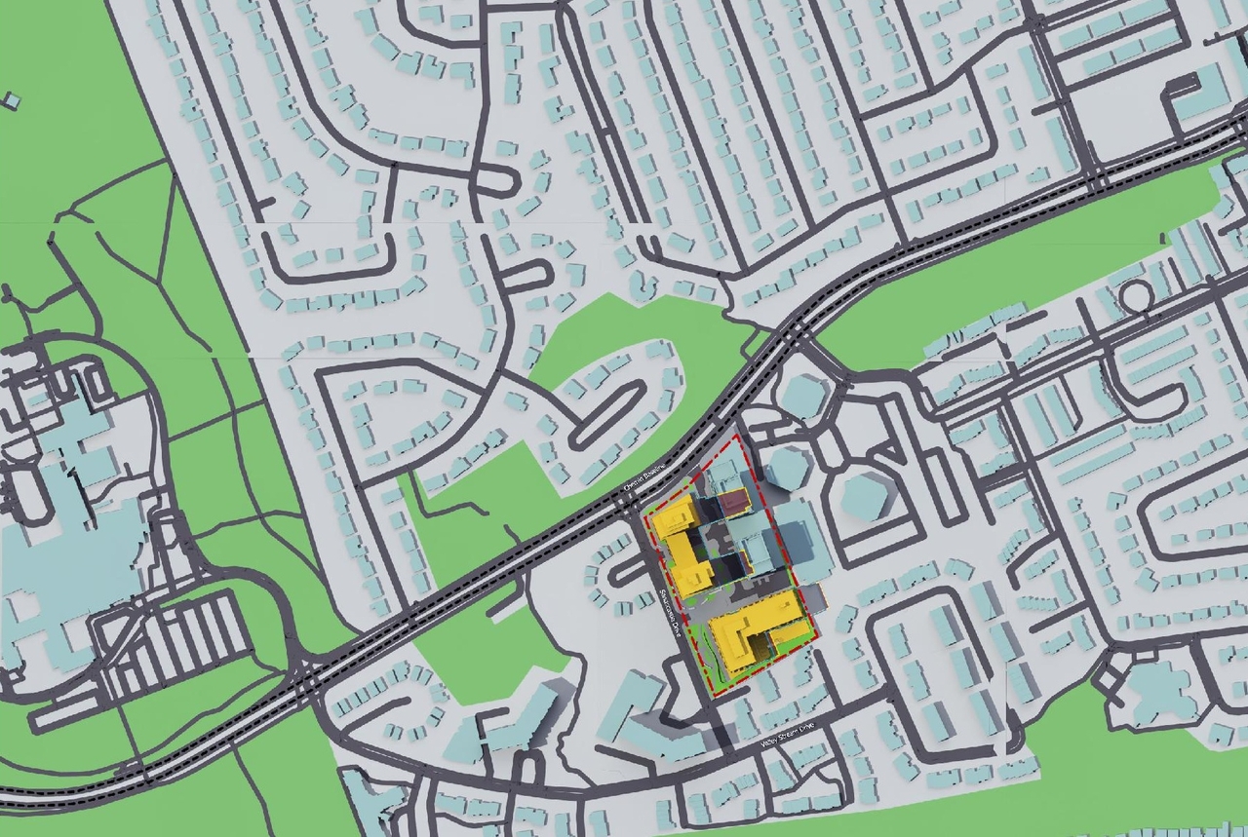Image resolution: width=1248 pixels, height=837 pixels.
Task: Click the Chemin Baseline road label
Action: (x=645, y=477)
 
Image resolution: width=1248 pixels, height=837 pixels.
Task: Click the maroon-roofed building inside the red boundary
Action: (x=733, y=502)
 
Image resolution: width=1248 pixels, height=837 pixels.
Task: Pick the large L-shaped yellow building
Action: (x=758, y=629)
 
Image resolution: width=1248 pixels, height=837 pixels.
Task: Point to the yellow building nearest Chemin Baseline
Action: (x=675, y=517)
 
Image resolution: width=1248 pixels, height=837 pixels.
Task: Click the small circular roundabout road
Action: (x=1134, y=293)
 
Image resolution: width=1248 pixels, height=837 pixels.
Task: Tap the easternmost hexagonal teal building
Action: (x=865, y=495)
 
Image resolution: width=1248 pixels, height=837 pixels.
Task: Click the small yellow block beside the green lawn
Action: (x=695, y=579)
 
